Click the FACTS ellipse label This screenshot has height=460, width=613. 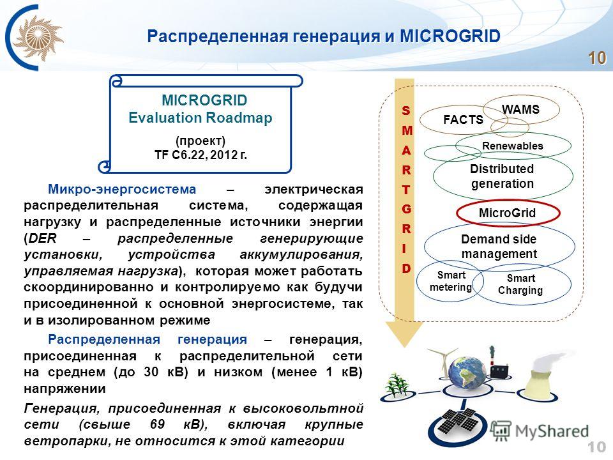point(464,119)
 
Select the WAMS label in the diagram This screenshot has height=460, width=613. point(521,109)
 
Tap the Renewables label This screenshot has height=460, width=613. point(513,146)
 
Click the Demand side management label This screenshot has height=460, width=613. point(499,247)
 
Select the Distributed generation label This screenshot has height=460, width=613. point(503,176)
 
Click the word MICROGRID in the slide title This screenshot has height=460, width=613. point(450,36)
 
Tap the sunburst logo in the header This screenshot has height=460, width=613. point(38,38)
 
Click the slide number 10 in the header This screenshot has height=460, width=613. point(597,58)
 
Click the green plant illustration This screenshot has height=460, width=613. point(396,385)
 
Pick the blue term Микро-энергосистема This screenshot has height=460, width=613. point(122,189)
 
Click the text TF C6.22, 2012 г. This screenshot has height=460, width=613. point(201,155)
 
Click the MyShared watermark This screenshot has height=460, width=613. point(540,431)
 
